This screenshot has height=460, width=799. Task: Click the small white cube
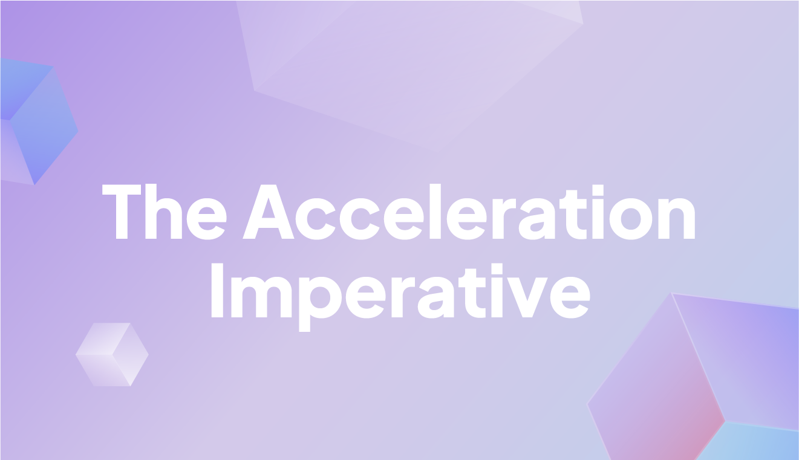112,354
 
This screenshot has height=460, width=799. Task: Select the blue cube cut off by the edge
33,121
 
